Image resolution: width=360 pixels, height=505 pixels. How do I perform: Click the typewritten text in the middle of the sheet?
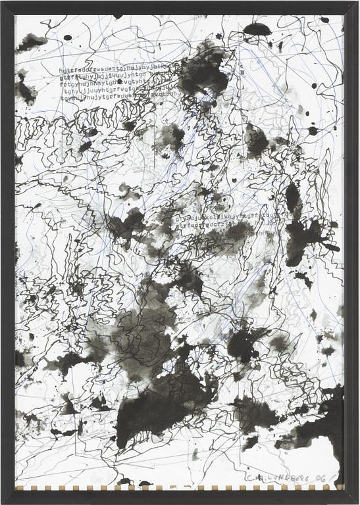pos(224,224)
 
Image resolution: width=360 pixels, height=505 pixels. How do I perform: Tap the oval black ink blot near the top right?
pos(257,29)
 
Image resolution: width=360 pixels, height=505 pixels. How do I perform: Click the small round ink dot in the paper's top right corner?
pos(324,20)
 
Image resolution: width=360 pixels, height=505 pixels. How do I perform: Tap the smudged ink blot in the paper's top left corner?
pos(31,43)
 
